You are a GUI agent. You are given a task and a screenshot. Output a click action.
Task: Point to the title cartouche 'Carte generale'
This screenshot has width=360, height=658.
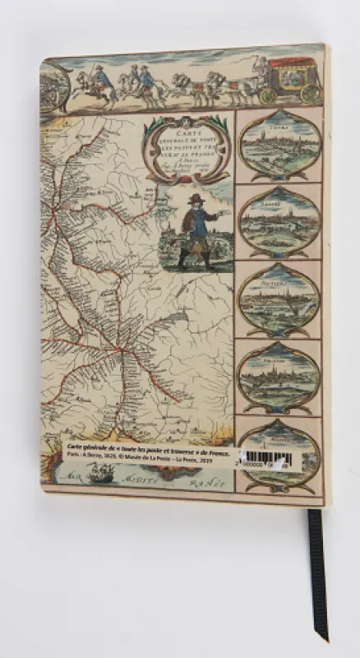tap(187, 145)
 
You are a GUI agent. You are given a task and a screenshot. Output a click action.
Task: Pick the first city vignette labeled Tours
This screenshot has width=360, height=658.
tap(279, 143)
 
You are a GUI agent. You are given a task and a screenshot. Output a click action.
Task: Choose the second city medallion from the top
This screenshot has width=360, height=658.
tap(279, 221)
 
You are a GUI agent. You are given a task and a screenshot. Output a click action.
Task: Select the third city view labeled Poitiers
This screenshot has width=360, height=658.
tap(279, 299)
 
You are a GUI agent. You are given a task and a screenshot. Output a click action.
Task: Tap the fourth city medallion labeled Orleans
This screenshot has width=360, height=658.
tap(279, 376)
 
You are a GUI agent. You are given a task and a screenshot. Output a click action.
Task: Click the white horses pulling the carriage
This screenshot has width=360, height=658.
tap(222, 85)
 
